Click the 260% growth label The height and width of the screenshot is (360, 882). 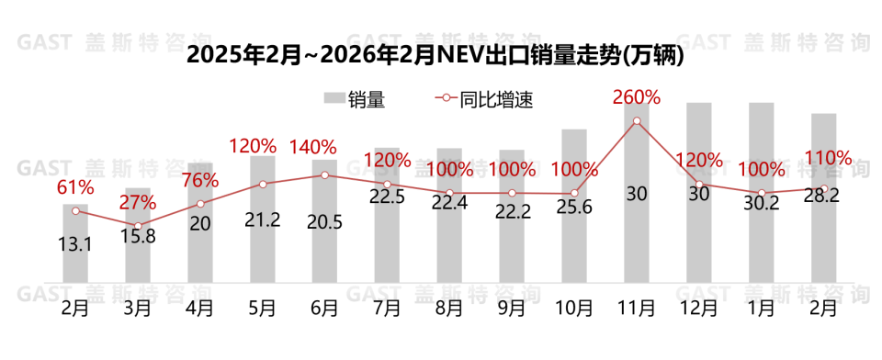pyautogui.click(x=637, y=96)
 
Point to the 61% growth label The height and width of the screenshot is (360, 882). pyautogui.click(x=75, y=187)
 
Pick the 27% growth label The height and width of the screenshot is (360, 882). pyautogui.click(x=138, y=203)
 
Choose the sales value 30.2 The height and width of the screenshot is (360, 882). pyautogui.click(x=762, y=204)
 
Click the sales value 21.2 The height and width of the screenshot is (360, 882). pyautogui.click(x=263, y=219)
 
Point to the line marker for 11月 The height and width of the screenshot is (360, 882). pyautogui.click(x=637, y=120)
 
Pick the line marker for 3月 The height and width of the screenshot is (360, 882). pyautogui.click(x=138, y=226)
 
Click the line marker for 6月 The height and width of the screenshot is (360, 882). pyautogui.click(x=324, y=174)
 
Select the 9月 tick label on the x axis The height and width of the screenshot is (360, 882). pyautogui.click(x=512, y=308)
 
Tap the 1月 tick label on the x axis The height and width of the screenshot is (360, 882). pyautogui.click(x=762, y=308)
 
